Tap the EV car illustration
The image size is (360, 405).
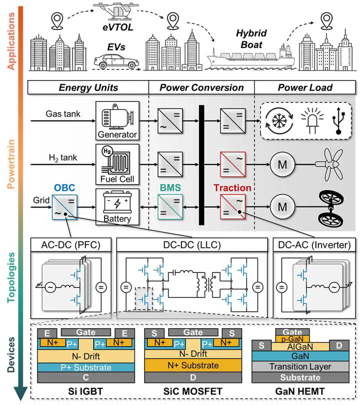116,63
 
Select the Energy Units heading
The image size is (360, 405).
88,87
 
